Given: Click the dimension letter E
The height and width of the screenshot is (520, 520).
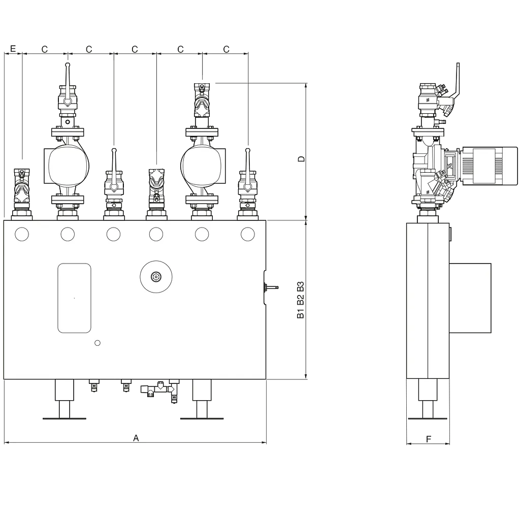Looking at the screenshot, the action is [13, 49].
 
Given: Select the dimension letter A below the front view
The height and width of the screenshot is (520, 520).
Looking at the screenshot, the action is [136, 438].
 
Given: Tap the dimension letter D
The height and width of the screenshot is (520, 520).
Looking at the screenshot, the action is [301, 159].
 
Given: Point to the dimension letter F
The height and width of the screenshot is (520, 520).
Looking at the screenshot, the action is [429, 439].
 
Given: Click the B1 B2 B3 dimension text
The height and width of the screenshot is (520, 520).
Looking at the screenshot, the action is [301, 300].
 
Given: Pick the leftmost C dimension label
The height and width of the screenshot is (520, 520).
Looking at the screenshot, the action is [45, 49].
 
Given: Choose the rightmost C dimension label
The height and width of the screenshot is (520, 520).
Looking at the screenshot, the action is [226, 49].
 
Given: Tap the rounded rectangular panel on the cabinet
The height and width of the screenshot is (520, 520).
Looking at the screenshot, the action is [74, 298].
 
